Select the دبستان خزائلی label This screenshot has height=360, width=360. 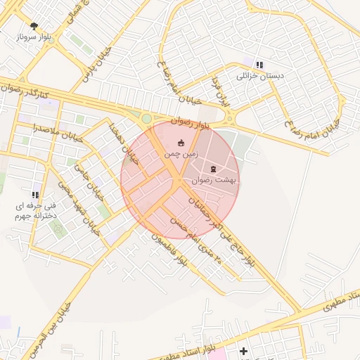click(x=259, y=75)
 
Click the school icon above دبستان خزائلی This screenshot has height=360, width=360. click(x=259, y=64)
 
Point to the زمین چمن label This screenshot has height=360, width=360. click(x=181, y=153)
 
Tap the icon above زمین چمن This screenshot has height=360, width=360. click(x=181, y=143)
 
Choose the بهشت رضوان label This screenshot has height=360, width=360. click(x=214, y=180)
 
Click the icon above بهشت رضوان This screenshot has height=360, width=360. click(x=214, y=169)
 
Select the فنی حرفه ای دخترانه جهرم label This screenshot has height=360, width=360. click(x=35, y=212)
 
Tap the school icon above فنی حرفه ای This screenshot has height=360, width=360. click(x=35, y=195)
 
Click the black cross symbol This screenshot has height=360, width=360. click(x=243, y=350)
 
